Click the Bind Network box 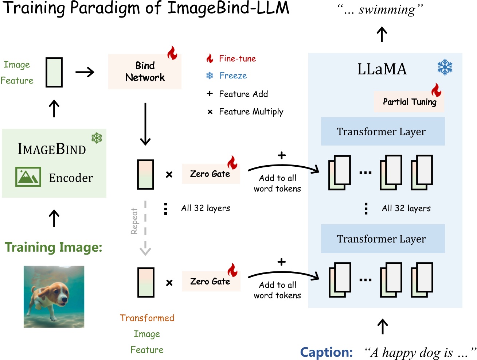[x=145, y=71]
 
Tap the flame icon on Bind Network [x=172, y=53]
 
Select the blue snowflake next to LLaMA [x=445, y=67]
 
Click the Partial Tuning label [x=409, y=102]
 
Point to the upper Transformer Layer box [x=383, y=131]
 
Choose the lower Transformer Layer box [x=383, y=239]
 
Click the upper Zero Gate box [x=210, y=174]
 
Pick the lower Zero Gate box [x=210, y=282]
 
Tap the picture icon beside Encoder [x=28, y=177]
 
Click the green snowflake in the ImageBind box [x=97, y=138]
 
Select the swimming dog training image [x=54, y=297]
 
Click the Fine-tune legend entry [x=237, y=59]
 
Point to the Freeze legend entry [x=232, y=76]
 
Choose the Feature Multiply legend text [x=251, y=112]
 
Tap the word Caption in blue [x=326, y=352]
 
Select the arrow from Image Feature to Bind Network [x=85, y=72]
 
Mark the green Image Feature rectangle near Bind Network [x=54, y=72]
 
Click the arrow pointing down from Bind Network [x=145, y=124]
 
